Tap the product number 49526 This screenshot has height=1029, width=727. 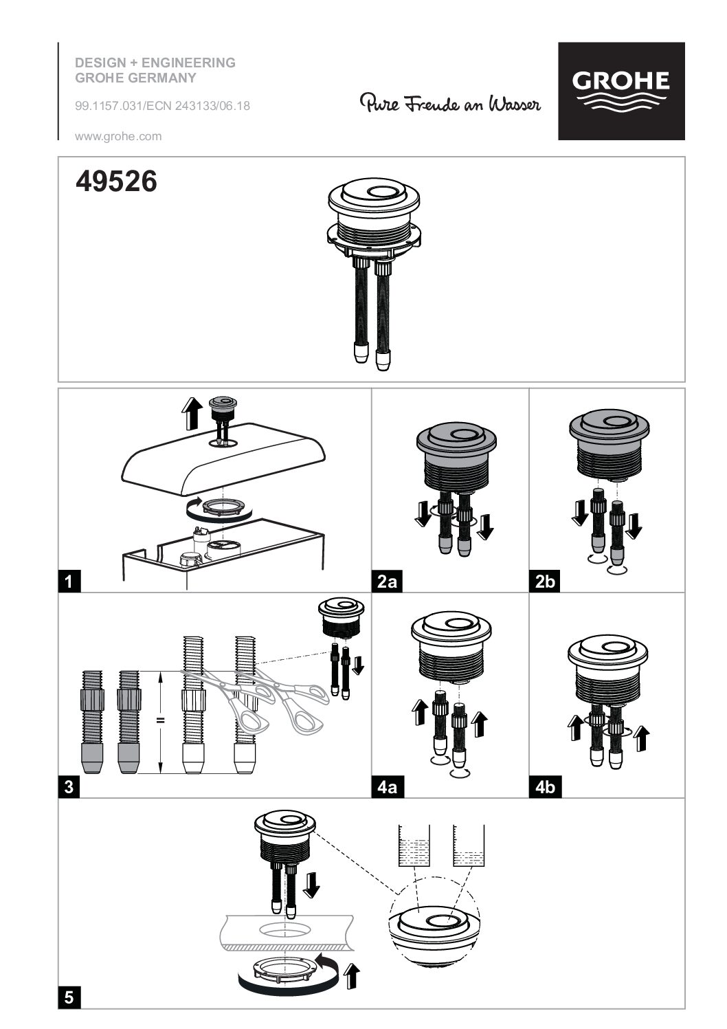click(x=116, y=181)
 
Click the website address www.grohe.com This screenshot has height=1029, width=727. click(x=118, y=136)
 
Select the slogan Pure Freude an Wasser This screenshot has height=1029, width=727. click(x=450, y=103)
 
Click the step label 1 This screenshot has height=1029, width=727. click(x=69, y=581)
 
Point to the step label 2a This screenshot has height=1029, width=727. click(x=387, y=581)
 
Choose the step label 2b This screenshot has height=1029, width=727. click(x=545, y=581)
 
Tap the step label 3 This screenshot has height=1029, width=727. click(x=69, y=786)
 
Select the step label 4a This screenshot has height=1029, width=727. click(x=387, y=786)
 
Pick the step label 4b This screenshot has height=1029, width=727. click(x=545, y=786)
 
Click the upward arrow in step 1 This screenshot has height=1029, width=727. click(x=192, y=413)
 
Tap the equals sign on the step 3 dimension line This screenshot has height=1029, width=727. click(x=160, y=720)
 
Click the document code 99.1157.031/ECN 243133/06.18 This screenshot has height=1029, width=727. click(x=163, y=106)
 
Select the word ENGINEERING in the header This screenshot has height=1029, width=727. click(x=188, y=63)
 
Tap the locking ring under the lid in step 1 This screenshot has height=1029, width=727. click(x=221, y=509)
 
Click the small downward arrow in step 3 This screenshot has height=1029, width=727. click(x=358, y=665)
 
